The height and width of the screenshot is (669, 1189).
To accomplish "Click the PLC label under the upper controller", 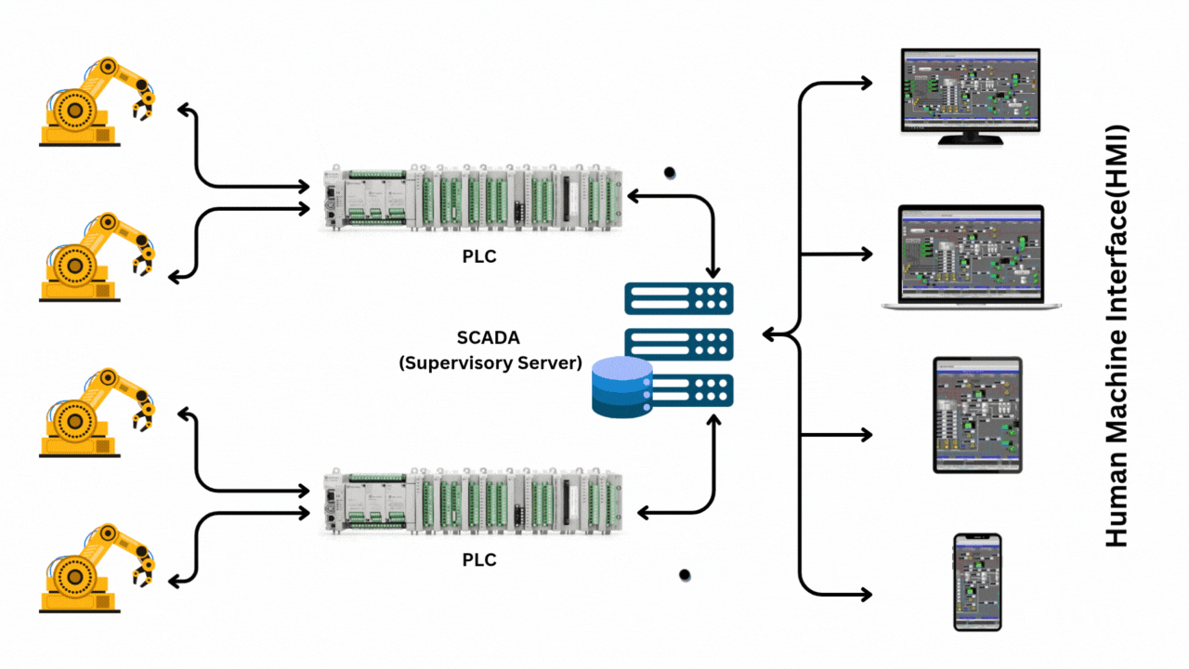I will coord(479,256).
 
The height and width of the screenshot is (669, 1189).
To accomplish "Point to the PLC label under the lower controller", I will coord(479,560).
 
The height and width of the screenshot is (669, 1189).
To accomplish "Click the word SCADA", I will coord(489,339).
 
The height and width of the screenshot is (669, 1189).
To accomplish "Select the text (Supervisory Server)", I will coord(489,362).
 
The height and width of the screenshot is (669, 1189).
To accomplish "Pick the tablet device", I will coord(977,414).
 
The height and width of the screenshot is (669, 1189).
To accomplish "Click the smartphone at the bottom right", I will coord(977,583).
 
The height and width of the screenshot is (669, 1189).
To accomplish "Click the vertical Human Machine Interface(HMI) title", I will coord(1117,334).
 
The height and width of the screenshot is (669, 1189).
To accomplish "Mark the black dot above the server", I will coord(669,173).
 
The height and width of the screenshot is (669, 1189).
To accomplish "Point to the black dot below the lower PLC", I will coord(685,575).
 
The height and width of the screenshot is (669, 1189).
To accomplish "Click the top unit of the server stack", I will coord(679,299).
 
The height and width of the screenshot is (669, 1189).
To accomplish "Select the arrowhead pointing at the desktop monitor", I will coord(866,84).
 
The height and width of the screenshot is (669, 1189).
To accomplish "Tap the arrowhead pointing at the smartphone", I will coord(866,595).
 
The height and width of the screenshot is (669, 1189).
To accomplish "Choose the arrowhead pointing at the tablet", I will coord(866,434).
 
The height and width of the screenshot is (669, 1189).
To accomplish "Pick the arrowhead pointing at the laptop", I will coord(866,254).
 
